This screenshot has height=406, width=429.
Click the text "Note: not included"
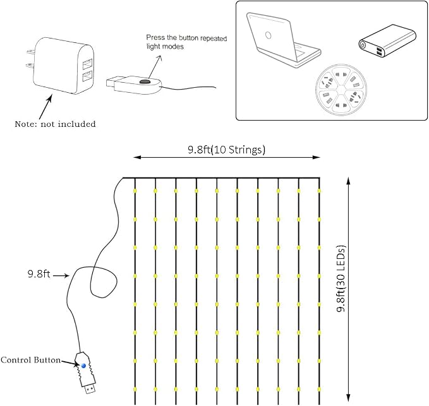55,124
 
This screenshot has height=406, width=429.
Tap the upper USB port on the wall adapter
88,64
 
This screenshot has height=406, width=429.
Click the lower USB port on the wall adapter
88,77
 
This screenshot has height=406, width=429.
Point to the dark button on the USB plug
145,81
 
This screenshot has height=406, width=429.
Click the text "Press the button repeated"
186,38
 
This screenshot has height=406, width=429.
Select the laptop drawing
282,41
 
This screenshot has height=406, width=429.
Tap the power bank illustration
387,41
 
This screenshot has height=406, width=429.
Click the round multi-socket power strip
341,90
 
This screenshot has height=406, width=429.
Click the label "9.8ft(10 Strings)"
227,150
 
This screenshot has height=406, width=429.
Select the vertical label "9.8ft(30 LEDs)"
341,278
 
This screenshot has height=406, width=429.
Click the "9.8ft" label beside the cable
39,273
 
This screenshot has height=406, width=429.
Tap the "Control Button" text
30,360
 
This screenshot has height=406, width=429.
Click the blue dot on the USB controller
84,366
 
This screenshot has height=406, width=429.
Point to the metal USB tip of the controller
90,389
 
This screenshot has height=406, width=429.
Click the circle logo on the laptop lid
268,35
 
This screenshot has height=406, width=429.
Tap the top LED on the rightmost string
319,191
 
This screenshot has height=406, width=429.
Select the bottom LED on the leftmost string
135,389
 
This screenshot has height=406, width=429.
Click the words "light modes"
165,47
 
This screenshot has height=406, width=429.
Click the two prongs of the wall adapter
31,58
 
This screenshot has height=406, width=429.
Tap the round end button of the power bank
363,45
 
